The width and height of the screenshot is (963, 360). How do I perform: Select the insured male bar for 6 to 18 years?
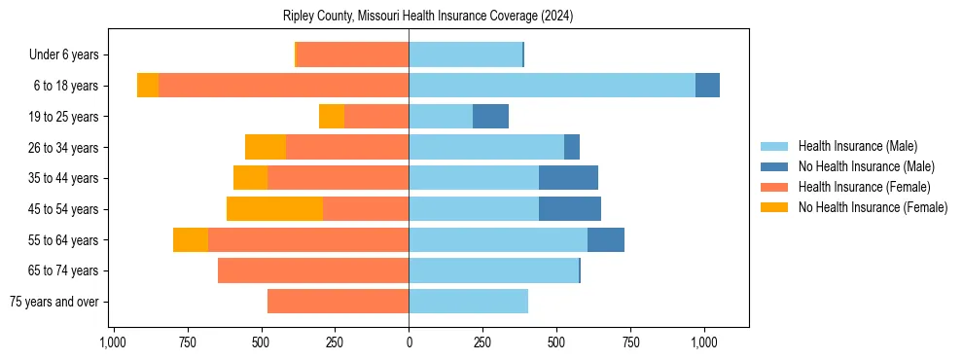coord(552,86)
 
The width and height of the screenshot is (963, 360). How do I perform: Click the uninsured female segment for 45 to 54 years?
coord(274,209)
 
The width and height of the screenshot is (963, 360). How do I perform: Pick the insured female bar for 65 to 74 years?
coord(313,270)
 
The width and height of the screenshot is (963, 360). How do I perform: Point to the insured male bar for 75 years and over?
coord(468,302)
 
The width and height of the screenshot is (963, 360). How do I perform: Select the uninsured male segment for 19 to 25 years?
coord(490,117)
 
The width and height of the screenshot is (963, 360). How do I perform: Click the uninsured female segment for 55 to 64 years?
coord(191,240)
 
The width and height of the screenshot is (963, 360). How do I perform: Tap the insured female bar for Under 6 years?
coord(352,54)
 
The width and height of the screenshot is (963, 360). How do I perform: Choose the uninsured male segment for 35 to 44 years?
coord(568,178)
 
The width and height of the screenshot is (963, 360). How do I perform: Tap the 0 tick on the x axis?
coord(409,342)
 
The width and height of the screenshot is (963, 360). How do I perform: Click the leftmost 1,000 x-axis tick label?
coord(113,342)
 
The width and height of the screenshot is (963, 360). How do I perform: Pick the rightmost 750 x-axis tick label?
coord(630,342)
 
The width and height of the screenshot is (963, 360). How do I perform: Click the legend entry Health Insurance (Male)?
coord(857,146)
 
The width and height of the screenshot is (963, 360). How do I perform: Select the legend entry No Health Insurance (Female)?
coord(873,207)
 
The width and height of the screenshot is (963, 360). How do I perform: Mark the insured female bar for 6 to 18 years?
coord(283,86)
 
